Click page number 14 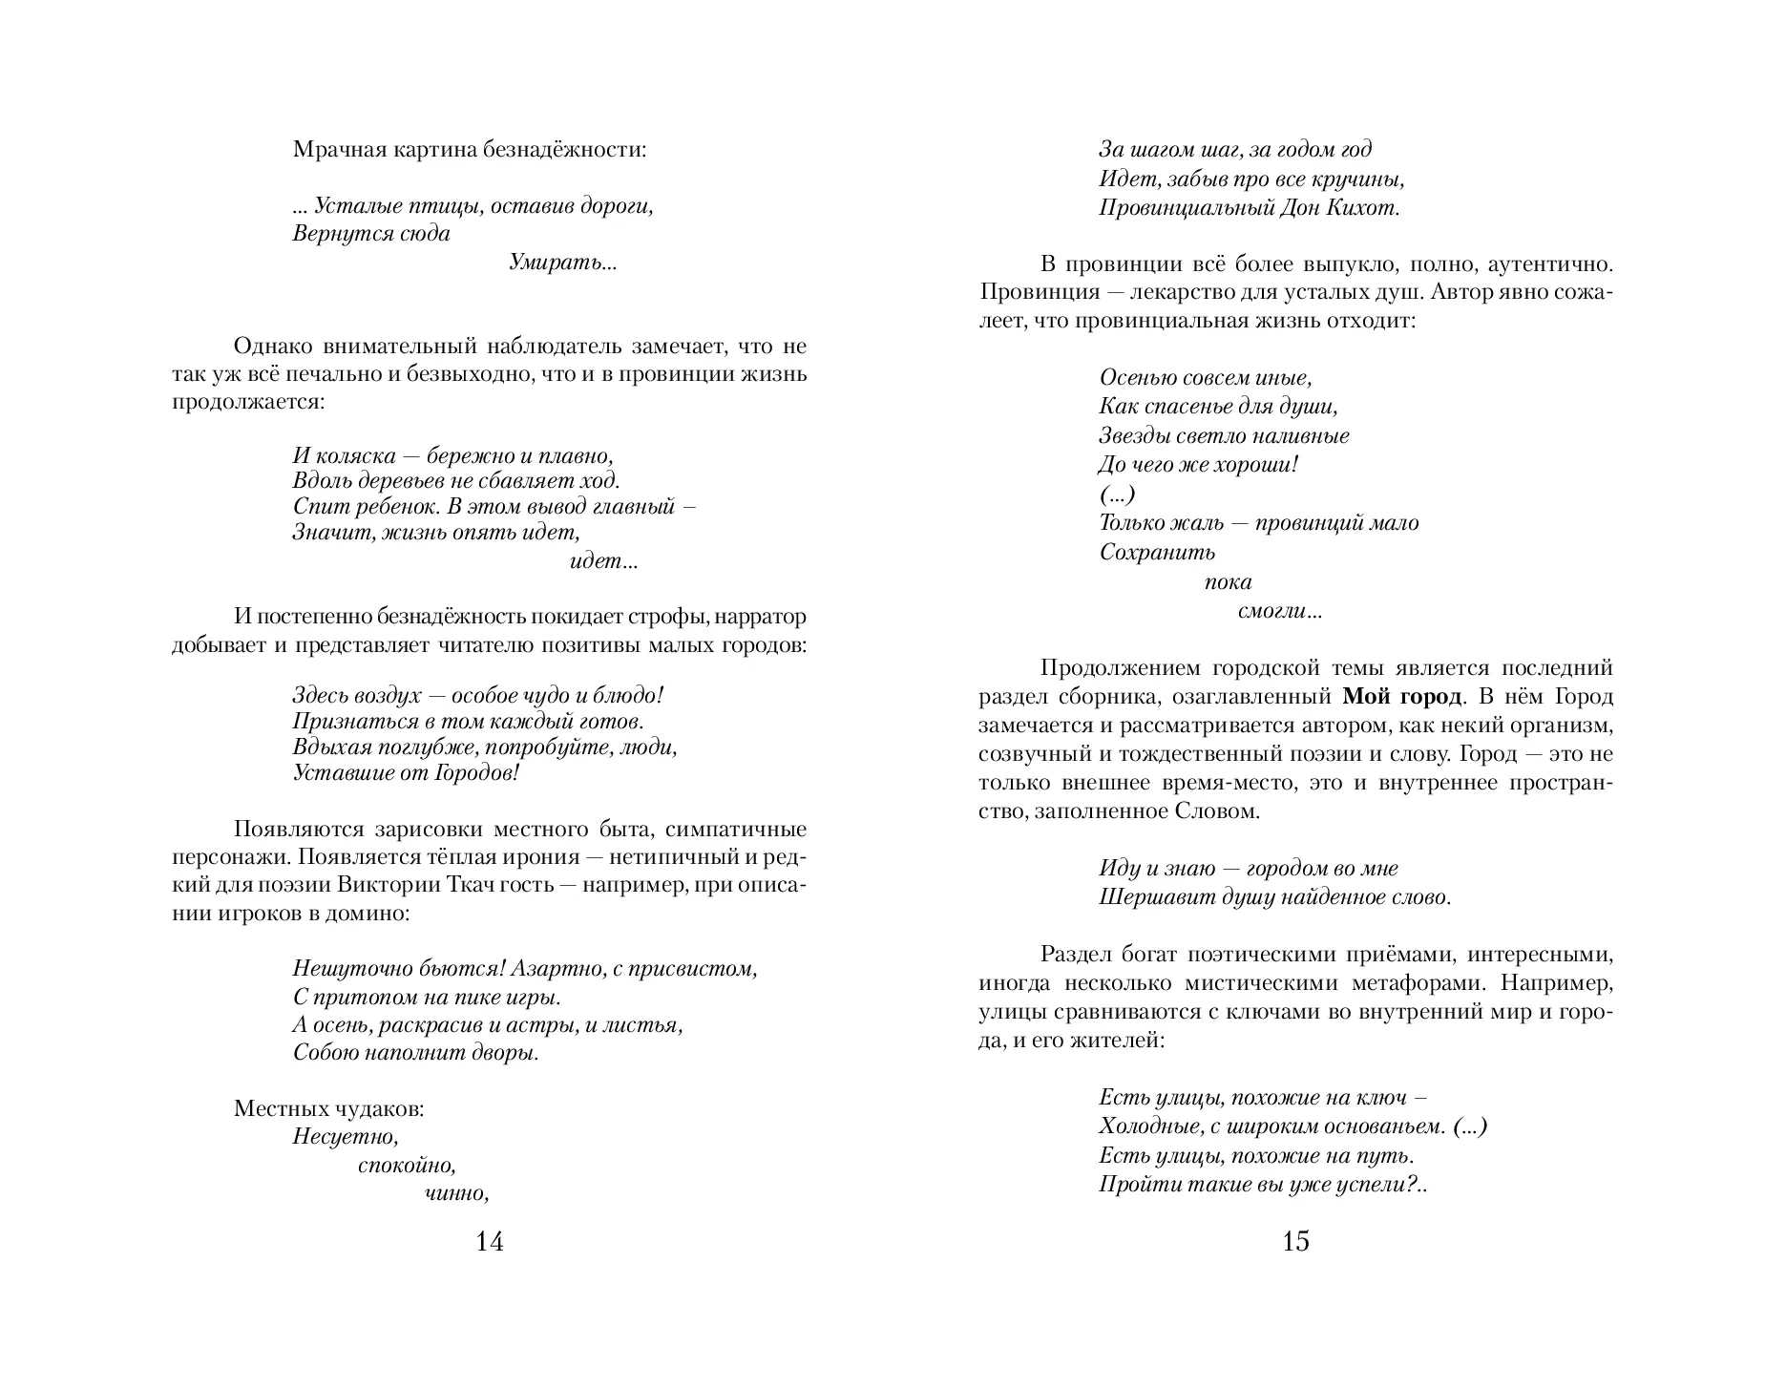[489, 1242]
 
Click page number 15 [1295, 1242]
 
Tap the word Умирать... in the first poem [563, 263]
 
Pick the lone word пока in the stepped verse [1228, 582]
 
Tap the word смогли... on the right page [1279, 612]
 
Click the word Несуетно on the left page [345, 1137]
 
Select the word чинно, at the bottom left [456, 1193]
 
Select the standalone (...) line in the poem [1117, 495]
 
